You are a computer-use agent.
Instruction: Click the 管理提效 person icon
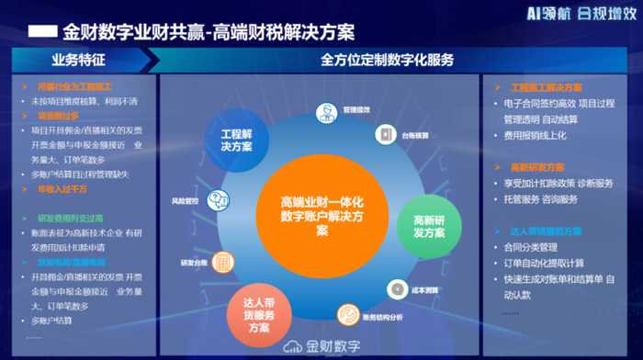[326, 113]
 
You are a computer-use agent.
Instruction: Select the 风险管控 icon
[219, 199]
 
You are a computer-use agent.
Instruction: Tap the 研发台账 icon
[222, 262]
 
